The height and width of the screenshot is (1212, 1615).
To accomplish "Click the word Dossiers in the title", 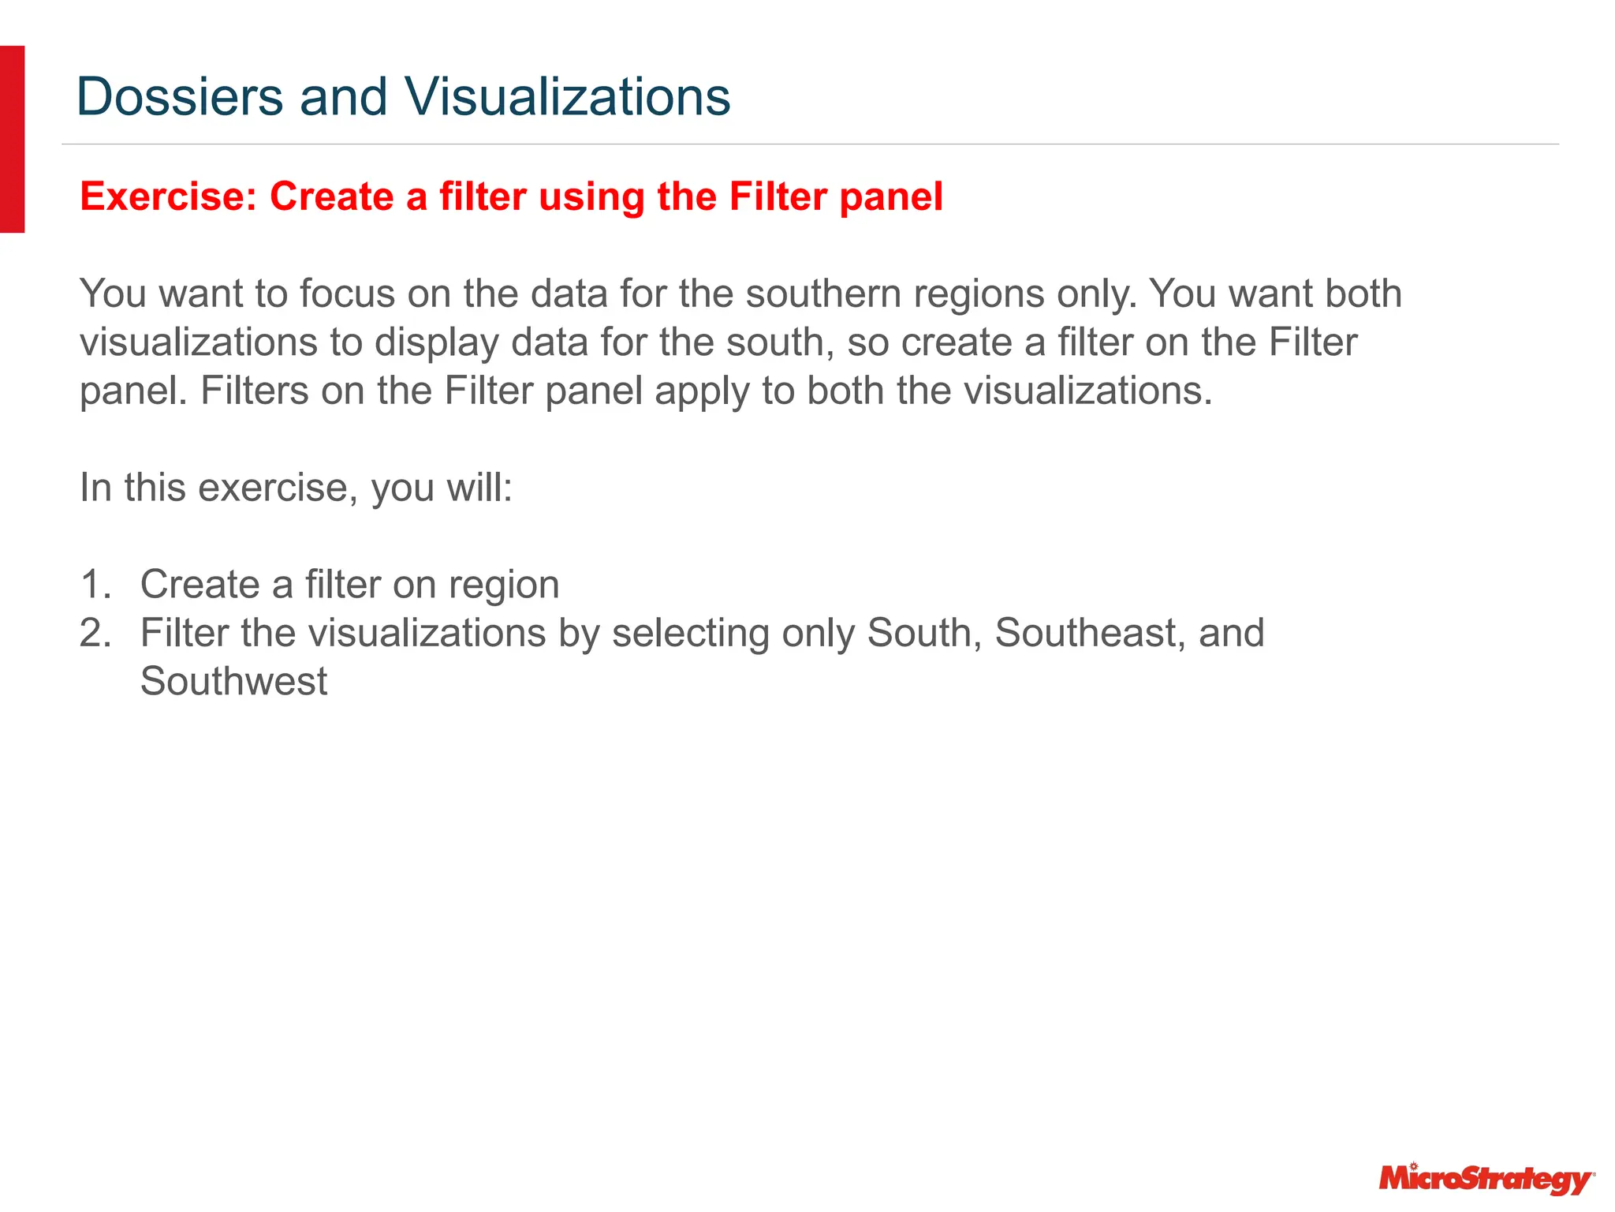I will click(x=180, y=97).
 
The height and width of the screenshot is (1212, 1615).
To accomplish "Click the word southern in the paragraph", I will click(x=823, y=294).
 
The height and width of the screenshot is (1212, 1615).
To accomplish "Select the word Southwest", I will click(x=233, y=683).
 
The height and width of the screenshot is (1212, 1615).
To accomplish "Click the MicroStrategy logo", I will click(x=1485, y=1179).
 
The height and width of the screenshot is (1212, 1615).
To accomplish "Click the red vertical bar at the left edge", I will click(x=12, y=139).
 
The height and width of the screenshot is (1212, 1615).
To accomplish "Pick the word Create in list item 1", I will click(x=200, y=585).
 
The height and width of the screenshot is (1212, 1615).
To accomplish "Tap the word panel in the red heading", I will click(x=890, y=196).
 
